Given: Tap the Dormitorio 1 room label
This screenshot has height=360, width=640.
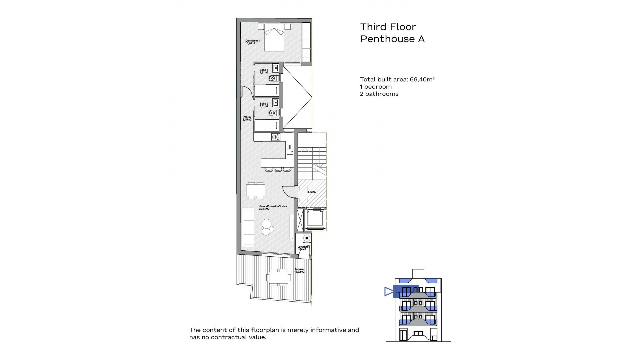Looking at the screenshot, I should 252,42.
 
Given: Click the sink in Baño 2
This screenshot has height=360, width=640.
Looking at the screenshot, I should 276,103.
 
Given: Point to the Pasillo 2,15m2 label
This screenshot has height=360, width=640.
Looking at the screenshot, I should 247,118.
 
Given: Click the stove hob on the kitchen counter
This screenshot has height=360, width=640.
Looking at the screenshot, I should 276,137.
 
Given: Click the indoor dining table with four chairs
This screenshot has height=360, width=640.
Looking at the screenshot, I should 256,190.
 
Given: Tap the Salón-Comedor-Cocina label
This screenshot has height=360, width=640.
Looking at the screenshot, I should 273,208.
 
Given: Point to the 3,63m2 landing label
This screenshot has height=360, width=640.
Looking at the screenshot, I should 312,192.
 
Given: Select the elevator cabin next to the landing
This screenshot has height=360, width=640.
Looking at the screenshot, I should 315,218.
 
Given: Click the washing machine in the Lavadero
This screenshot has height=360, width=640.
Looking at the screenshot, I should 306,238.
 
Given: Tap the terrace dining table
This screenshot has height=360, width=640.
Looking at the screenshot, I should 278,277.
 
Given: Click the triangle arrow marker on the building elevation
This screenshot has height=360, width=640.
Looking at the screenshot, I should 389,292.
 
